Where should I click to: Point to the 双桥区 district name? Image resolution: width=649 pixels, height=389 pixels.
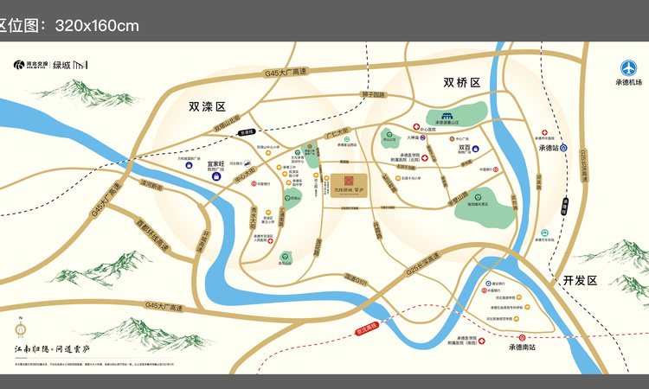pos(461,83)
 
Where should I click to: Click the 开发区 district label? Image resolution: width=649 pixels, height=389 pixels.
pos(580,280)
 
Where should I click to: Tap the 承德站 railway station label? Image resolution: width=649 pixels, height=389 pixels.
pos(550,148)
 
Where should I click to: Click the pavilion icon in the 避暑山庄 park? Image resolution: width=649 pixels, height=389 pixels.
pos(447,115)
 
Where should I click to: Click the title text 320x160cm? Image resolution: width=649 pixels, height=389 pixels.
pos(96,26)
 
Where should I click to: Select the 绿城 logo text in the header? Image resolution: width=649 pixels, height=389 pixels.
pos(61,65)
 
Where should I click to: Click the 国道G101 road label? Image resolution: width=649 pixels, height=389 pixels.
pos(356,278)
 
